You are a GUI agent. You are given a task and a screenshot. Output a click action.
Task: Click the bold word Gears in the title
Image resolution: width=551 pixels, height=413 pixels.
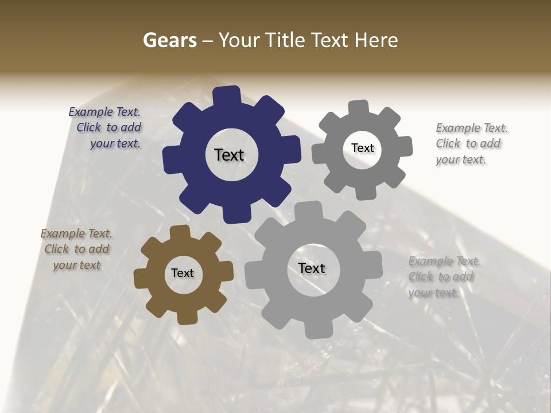[169, 40]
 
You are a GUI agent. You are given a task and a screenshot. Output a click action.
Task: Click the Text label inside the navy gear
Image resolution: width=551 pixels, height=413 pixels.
[229, 155]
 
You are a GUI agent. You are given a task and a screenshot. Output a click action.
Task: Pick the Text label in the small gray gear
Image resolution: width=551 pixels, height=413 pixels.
[362, 148]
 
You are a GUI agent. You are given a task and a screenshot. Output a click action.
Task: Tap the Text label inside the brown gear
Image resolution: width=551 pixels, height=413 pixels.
[183, 273]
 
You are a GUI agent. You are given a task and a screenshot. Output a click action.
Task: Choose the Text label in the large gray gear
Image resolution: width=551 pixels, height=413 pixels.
[312, 268]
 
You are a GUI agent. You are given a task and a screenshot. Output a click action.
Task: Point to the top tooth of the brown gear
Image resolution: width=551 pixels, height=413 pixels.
[180, 232]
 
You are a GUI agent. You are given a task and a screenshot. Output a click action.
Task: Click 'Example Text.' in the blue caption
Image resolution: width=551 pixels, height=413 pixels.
[104, 112]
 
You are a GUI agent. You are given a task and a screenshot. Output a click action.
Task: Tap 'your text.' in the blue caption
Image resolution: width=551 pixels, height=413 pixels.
[115, 143]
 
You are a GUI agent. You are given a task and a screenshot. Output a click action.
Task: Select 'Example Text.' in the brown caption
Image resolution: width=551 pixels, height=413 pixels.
[76, 233]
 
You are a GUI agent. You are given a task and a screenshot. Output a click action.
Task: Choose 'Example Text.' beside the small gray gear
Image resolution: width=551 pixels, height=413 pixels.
[472, 128]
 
